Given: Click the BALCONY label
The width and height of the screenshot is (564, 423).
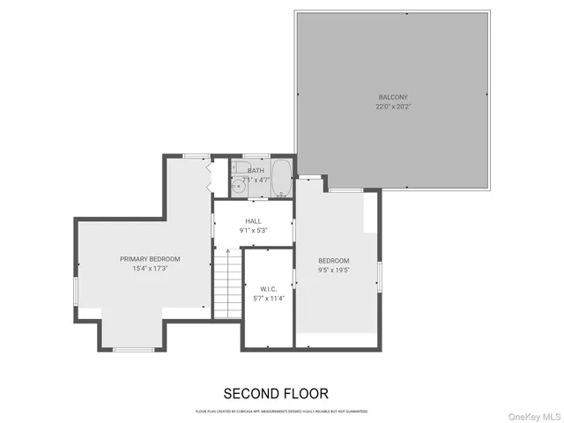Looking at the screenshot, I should (x=394, y=97).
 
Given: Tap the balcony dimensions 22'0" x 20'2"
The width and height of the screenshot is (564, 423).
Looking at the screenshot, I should (x=394, y=107).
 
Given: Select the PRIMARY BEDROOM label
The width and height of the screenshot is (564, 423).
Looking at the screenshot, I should (x=150, y=258).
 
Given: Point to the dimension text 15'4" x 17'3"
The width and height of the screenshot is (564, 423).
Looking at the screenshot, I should (x=150, y=268).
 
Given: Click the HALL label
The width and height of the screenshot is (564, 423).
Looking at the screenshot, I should (x=253, y=220).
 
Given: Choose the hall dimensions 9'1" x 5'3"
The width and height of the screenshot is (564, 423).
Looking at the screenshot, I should (x=253, y=230).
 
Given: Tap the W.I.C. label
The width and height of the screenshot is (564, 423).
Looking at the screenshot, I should (x=269, y=288).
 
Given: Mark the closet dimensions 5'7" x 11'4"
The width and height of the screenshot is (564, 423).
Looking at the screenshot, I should (x=269, y=298).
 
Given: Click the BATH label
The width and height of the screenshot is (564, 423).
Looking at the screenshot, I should (x=256, y=170).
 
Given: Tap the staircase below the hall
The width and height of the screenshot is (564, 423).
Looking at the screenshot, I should (x=226, y=282).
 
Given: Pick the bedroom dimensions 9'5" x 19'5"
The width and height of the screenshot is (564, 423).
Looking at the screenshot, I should (x=334, y=271).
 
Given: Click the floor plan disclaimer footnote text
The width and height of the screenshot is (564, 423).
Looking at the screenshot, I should (x=281, y=412).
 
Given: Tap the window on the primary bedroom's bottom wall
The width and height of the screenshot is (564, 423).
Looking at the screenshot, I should (x=133, y=350).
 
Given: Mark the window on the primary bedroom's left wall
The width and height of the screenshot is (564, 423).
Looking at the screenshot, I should (x=76, y=291).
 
